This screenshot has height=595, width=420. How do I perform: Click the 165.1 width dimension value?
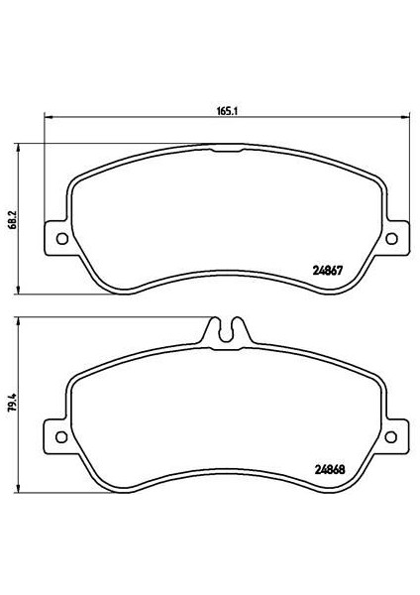pos(227,111)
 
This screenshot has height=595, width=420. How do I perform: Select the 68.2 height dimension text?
pos(13,220)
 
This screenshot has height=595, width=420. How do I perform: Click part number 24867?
pos(328,271)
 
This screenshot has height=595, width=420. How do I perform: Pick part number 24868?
pos(330,470)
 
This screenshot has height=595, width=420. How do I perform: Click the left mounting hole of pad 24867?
pos(61,239)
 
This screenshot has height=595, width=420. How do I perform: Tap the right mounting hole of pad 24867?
pos(391,239)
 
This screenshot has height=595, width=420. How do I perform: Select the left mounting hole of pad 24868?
pos(61,436)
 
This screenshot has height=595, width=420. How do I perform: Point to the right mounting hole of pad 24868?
pos(391,436)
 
